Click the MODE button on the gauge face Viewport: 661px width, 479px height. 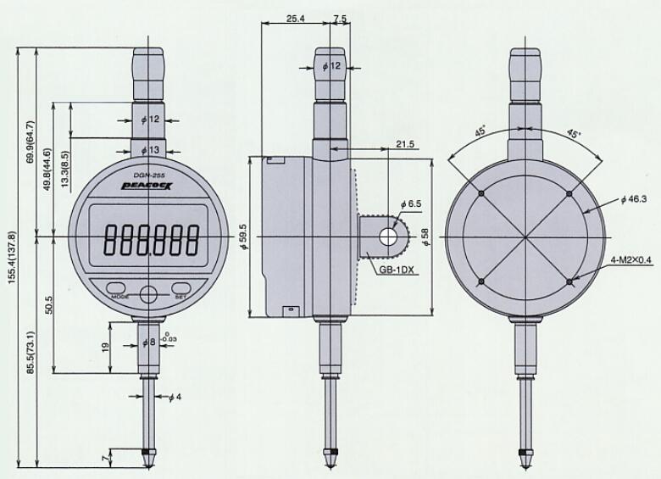pos(118,287)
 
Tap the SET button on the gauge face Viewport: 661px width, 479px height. pos(181,287)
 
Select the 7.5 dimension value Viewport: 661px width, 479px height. pos(340,18)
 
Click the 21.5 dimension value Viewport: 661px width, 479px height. pos(405,145)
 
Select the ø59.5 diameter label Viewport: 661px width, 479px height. pos(243,235)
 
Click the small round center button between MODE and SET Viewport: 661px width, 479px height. pos(149,294)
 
